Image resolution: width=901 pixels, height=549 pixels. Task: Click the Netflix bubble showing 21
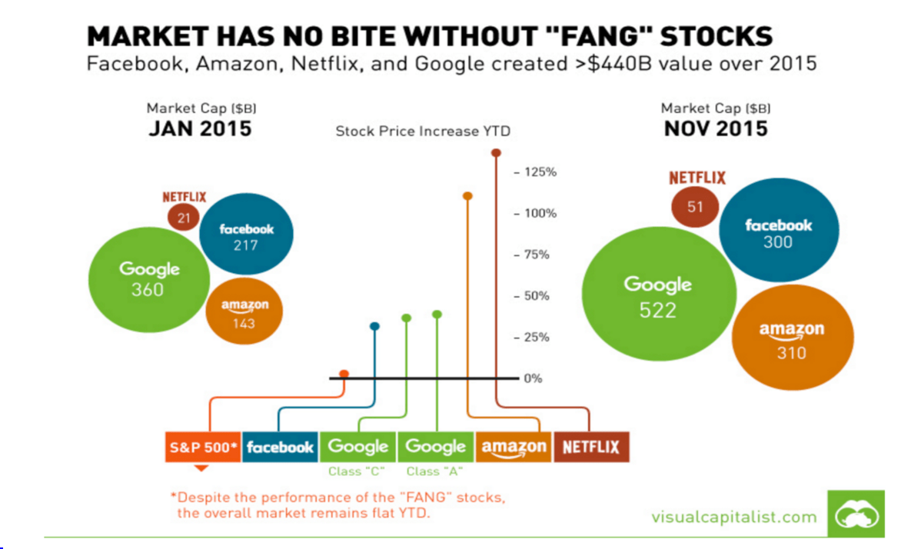coord(183,218)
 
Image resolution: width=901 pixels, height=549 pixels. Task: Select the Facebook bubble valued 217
coord(246,237)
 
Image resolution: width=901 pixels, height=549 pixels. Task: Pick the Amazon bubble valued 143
coord(244,314)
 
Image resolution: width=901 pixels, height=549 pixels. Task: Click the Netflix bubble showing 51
coord(695,207)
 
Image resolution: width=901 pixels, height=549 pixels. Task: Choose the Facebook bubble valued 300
coord(777,233)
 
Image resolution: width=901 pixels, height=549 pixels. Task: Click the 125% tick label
coord(540,172)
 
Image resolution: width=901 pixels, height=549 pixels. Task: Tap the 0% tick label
coord(533,378)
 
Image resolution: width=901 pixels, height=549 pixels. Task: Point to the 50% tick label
coord(537,296)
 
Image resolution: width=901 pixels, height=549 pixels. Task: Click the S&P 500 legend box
coord(203,447)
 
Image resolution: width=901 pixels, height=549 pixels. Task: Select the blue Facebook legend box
coord(280,447)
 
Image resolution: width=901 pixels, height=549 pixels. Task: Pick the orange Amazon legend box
coord(514,447)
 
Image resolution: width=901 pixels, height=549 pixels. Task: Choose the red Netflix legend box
coord(591,447)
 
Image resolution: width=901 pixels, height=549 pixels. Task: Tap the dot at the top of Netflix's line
coord(496,153)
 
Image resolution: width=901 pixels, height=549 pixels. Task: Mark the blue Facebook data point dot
coord(374,327)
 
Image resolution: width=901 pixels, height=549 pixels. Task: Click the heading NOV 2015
coord(716,128)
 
